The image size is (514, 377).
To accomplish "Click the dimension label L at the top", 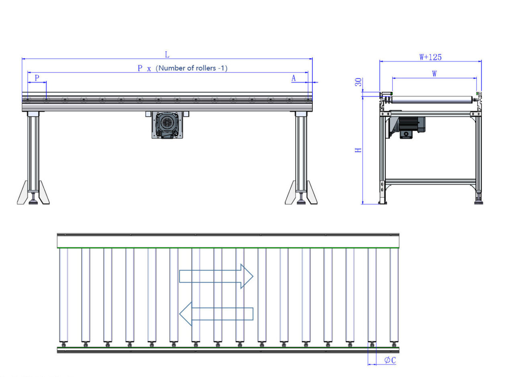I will pyautogui.click(x=167, y=55).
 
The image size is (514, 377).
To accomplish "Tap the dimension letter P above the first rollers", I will pyautogui.click(x=37, y=78).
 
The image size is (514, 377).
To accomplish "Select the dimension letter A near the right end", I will pyautogui.click(x=294, y=78).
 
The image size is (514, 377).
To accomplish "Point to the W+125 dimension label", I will pyautogui.click(x=430, y=57).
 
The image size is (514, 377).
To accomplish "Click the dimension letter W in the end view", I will pyautogui.click(x=434, y=74).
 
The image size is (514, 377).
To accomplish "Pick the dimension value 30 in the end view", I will pyautogui.click(x=359, y=82).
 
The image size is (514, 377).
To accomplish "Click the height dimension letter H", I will pyautogui.click(x=359, y=150).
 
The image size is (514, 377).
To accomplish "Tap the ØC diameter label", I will pyautogui.click(x=390, y=360).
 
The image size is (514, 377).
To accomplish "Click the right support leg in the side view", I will pyautogui.click(x=301, y=152).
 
